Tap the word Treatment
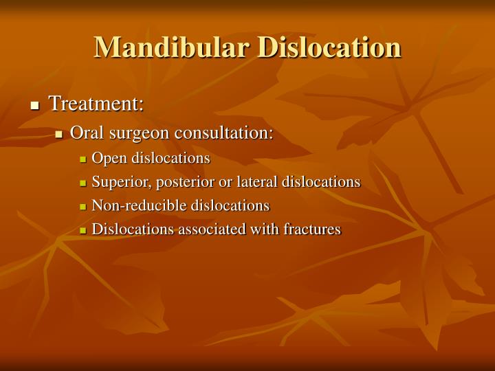(96, 104)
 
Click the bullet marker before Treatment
(35, 106)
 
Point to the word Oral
(86, 133)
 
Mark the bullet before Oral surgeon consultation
(60, 134)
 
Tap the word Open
(107, 158)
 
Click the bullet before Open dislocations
(83, 159)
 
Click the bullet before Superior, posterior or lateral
(83, 183)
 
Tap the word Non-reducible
(140, 205)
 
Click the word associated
(206, 229)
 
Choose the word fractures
(312, 229)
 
